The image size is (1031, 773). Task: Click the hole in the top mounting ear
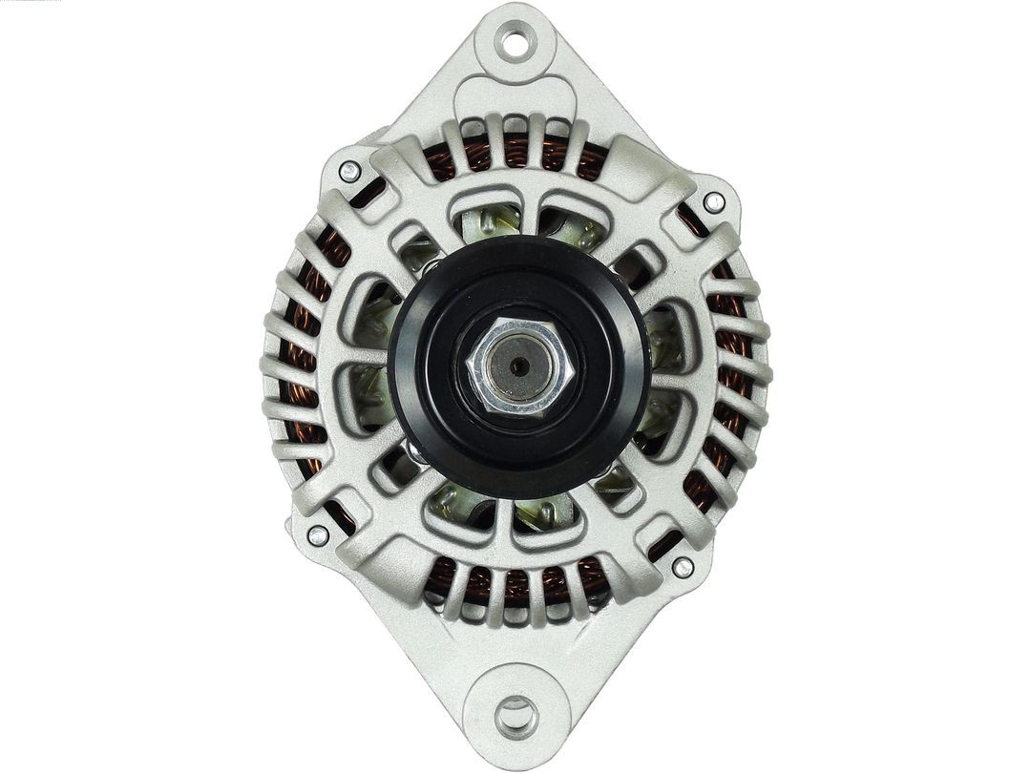515,41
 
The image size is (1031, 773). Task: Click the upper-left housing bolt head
349,172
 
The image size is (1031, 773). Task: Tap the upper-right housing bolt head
713,202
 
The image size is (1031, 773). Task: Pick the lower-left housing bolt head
317,535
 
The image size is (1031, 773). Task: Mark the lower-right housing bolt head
682,567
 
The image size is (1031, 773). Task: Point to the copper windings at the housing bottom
515,582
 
